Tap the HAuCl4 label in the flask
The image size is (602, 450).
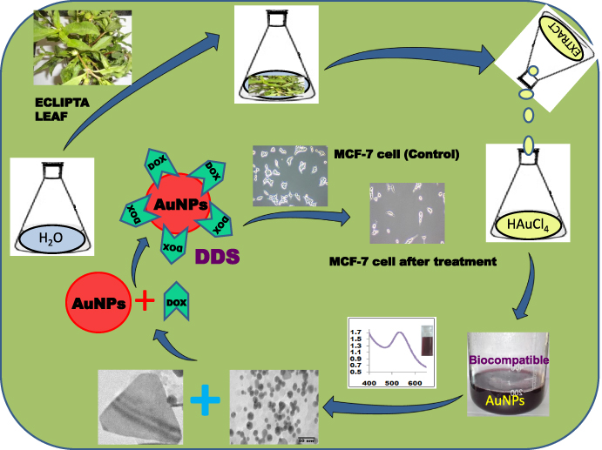tap(527, 227)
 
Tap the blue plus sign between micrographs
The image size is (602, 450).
tap(206, 402)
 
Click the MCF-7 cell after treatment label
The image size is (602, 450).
tap(401, 261)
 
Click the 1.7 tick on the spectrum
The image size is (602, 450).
tap(355, 332)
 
